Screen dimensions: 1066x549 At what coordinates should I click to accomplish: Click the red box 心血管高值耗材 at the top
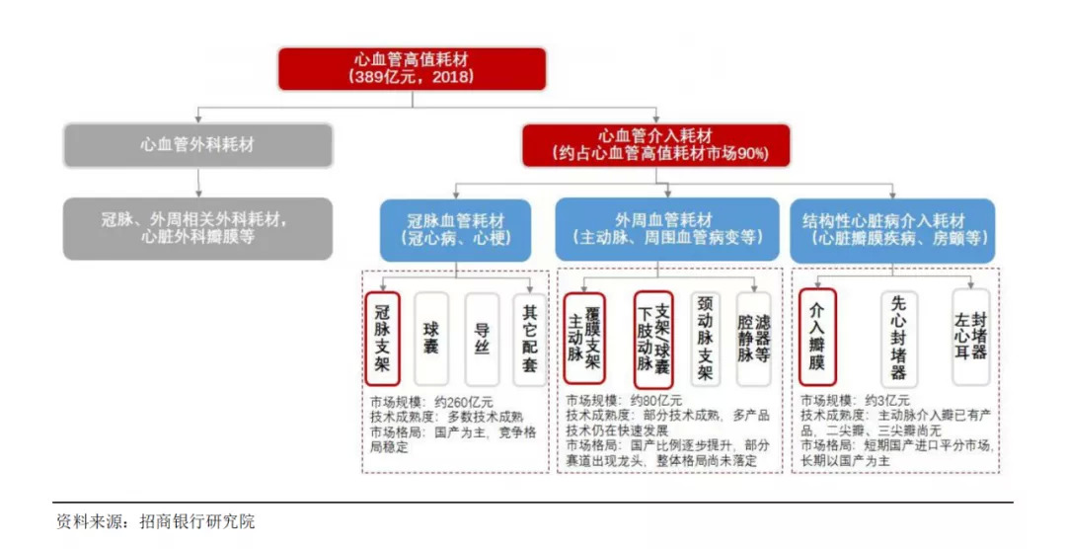[x=412, y=68]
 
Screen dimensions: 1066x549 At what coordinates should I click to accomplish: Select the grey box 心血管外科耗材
[x=197, y=145]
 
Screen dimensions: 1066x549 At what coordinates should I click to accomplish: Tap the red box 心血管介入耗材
[x=655, y=145]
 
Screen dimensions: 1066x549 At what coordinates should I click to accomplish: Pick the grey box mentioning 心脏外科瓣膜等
[x=197, y=228]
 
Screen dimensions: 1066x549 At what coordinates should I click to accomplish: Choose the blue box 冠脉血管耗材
[x=455, y=230]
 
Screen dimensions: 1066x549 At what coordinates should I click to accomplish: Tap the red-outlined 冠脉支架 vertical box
[x=382, y=338]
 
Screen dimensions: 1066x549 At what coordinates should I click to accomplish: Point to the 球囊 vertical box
[x=431, y=338]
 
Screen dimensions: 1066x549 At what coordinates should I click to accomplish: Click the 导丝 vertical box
[x=482, y=338]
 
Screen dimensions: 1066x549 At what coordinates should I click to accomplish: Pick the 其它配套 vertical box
[x=530, y=338]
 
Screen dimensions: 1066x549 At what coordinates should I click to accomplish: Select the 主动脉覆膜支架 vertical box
[x=584, y=338]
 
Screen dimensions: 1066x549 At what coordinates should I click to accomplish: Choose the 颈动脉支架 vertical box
[x=704, y=338]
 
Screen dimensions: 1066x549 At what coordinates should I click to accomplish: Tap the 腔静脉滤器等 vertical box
[x=753, y=338]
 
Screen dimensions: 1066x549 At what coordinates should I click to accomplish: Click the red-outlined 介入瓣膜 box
[x=816, y=338]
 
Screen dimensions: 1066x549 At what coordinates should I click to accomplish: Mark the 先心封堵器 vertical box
[x=898, y=338]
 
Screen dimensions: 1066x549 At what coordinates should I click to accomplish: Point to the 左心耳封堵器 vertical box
[x=970, y=338]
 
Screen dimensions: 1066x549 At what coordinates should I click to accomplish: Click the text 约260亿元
[x=460, y=402]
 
